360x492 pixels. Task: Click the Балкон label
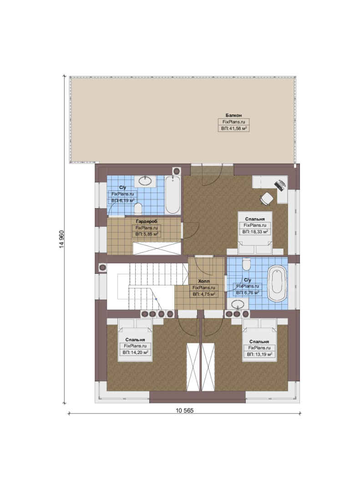click(x=233, y=115)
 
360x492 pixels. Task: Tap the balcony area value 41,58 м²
click(x=233, y=128)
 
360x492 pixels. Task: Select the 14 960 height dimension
click(x=61, y=240)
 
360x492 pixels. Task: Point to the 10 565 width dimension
click(x=184, y=410)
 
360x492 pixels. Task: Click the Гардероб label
click(x=147, y=221)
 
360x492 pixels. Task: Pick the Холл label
click(x=204, y=282)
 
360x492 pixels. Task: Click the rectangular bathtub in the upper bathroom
click(x=172, y=195)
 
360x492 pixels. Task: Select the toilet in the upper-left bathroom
click(x=138, y=208)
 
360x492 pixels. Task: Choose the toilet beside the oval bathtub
click(x=247, y=264)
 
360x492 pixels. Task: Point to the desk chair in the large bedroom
click(x=267, y=198)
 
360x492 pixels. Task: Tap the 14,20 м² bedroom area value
click(x=135, y=352)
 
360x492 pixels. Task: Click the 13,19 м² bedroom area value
click(x=259, y=354)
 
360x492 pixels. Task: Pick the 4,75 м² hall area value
click(x=204, y=294)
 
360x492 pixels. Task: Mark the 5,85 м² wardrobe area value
click(x=147, y=234)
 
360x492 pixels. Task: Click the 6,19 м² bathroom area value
click(x=122, y=200)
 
